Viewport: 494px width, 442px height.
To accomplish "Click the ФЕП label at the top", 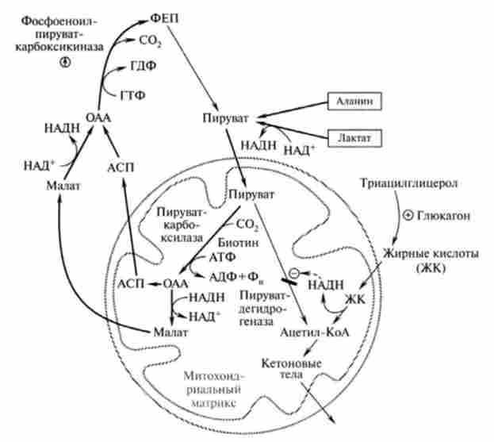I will pos(159,17).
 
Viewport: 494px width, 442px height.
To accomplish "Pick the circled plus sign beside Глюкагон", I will pos(408,215).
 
